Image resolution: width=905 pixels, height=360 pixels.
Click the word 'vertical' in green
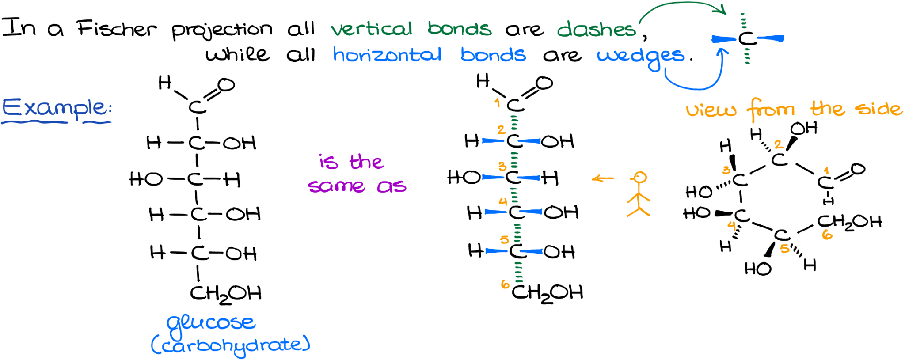click(x=372, y=29)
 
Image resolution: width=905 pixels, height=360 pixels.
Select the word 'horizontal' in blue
click(x=387, y=55)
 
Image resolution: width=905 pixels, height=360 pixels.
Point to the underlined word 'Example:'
click(x=57, y=108)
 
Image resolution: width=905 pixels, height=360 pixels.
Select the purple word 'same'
click(x=336, y=186)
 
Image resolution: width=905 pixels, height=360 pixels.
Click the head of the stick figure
click(x=639, y=178)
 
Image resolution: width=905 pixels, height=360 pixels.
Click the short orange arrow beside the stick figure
click(x=602, y=178)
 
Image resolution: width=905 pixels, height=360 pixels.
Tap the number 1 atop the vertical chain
click(x=498, y=103)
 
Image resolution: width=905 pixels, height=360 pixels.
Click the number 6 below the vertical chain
click(x=505, y=284)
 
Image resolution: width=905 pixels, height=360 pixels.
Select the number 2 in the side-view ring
click(x=779, y=144)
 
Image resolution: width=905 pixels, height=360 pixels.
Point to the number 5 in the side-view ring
click(x=785, y=249)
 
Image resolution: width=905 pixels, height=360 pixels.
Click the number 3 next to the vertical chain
click(x=502, y=167)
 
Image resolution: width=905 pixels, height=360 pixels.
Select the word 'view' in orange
click(x=711, y=110)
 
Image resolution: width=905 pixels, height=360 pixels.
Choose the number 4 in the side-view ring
click(x=732, y=226)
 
